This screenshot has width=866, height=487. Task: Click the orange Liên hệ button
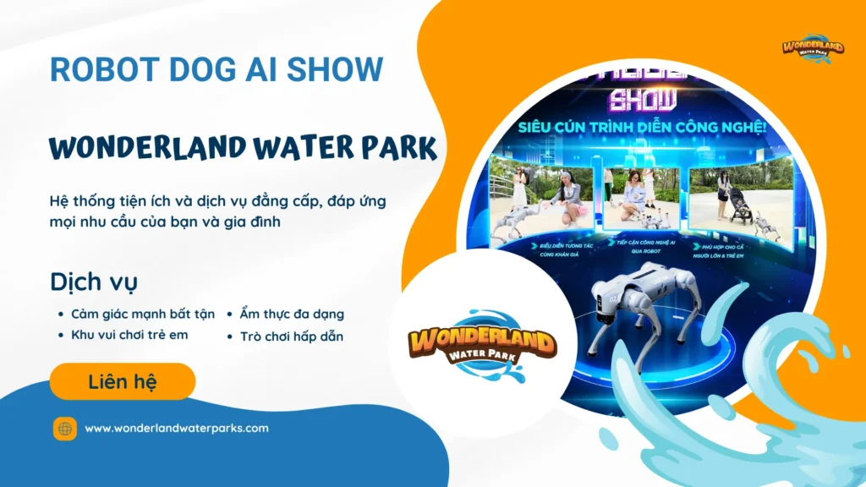click(x=123, y=381)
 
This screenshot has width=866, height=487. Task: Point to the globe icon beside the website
click(x=65, y=429)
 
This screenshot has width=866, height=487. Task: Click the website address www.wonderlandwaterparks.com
click(x=177, y=428)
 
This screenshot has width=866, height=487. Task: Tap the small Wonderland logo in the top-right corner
click(x=813, y=47)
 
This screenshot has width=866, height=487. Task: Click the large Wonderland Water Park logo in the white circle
click(x=482, y=347)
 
